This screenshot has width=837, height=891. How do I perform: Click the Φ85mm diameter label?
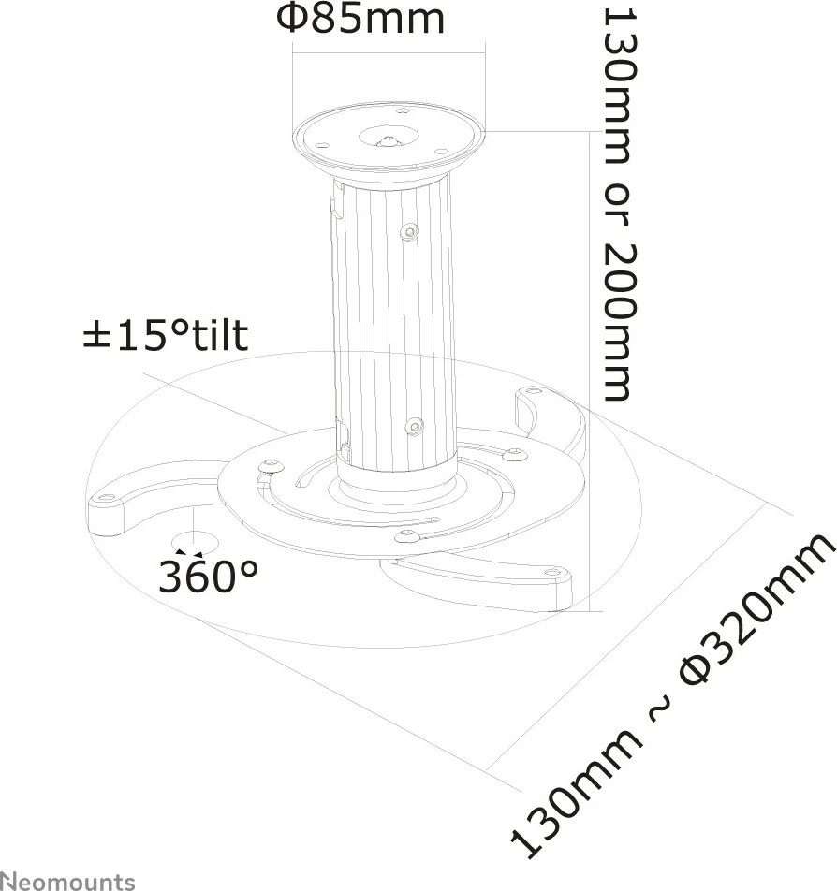click(359, 19)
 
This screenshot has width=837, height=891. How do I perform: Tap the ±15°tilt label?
click(166, 335)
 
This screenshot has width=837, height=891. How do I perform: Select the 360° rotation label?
click(207, 576)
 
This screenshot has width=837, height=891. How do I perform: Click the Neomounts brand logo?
click(67, 881)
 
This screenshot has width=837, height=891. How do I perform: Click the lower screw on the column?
click(413, 428)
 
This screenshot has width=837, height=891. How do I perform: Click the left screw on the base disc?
click(272, 466)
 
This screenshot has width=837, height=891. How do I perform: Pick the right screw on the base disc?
click(513, 455)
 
